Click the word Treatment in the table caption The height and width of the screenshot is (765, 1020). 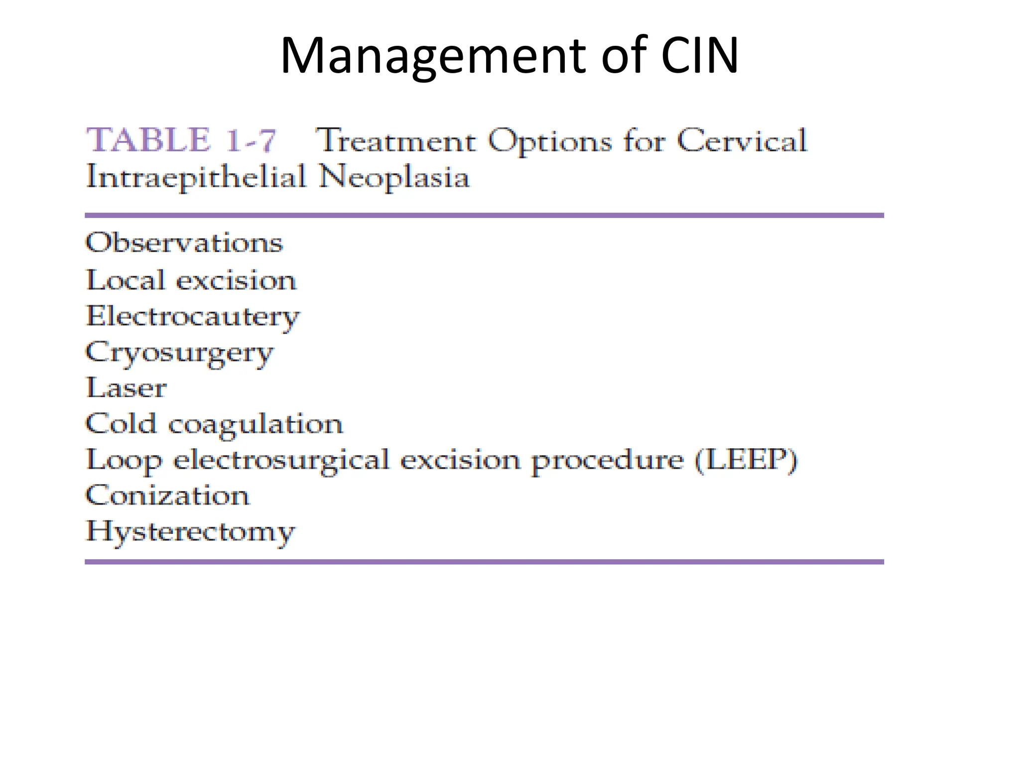pyautogui.click(x=396, y=141)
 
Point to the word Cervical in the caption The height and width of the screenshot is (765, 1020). pyautogui.click(x=742, y=141)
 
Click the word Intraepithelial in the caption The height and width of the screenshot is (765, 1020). pyautogui.click(x=196, y=177)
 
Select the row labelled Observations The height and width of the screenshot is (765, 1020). pyautogui.click(x=184, y=243)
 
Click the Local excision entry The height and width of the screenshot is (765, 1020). pyautogui.click(x=191, y=280)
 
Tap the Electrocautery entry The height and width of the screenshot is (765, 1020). pyautogui.click(x=193, y=317)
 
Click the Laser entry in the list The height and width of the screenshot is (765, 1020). pyautogui.click(x=127, y=388)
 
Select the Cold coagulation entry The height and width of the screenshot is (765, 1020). pyautogui.click(x=214, y=425)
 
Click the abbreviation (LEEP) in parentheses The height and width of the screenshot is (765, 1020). pyautogui.click(x=746, y=460)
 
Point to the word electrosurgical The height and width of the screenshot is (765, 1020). pyautogui.click(x=281, y=461)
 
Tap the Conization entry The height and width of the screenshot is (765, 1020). pyautogui.click(x=167, y=496)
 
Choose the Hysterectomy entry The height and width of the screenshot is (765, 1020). pyautogui.click(x=191, y=532)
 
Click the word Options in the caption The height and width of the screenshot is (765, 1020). pyautogui.click(x=549, y=141)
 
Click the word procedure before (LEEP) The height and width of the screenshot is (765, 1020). pyautogui.click(x=607, y=461)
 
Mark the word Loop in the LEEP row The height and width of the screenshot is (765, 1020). pyautogui.click(x=125, y=461)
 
